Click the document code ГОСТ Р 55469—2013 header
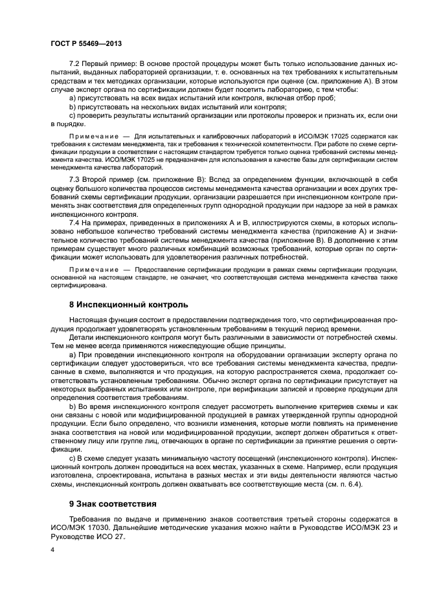coord(86,43)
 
